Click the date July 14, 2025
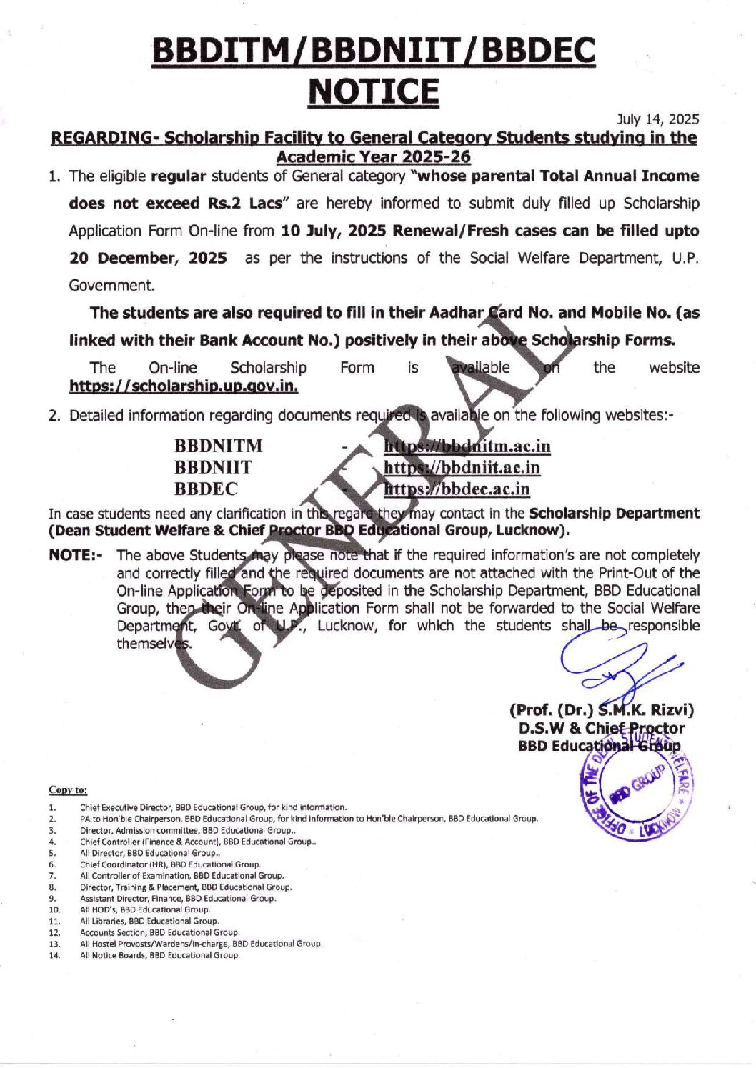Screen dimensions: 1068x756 [657, 119]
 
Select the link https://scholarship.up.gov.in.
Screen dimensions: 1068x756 [184, 386]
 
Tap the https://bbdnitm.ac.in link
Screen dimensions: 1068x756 [467, 446]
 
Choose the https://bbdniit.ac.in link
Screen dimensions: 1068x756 [462, 468]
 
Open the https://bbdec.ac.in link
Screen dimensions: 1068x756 [457, 489]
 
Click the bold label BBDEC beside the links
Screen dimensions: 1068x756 [207, 489]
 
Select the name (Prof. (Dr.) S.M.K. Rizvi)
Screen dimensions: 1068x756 [601, 710]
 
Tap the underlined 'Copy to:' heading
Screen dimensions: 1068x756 [68, 789]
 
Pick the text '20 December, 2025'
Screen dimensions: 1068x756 [148, 258]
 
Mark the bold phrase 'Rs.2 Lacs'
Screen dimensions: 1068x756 [239, 204]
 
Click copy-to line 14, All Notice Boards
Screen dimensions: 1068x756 [159, 955]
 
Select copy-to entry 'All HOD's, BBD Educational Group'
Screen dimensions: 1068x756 [145, 909]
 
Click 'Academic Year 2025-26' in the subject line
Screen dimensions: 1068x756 [373, 156]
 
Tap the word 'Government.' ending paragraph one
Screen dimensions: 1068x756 [112, 286]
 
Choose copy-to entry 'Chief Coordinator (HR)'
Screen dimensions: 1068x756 [170, 864]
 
